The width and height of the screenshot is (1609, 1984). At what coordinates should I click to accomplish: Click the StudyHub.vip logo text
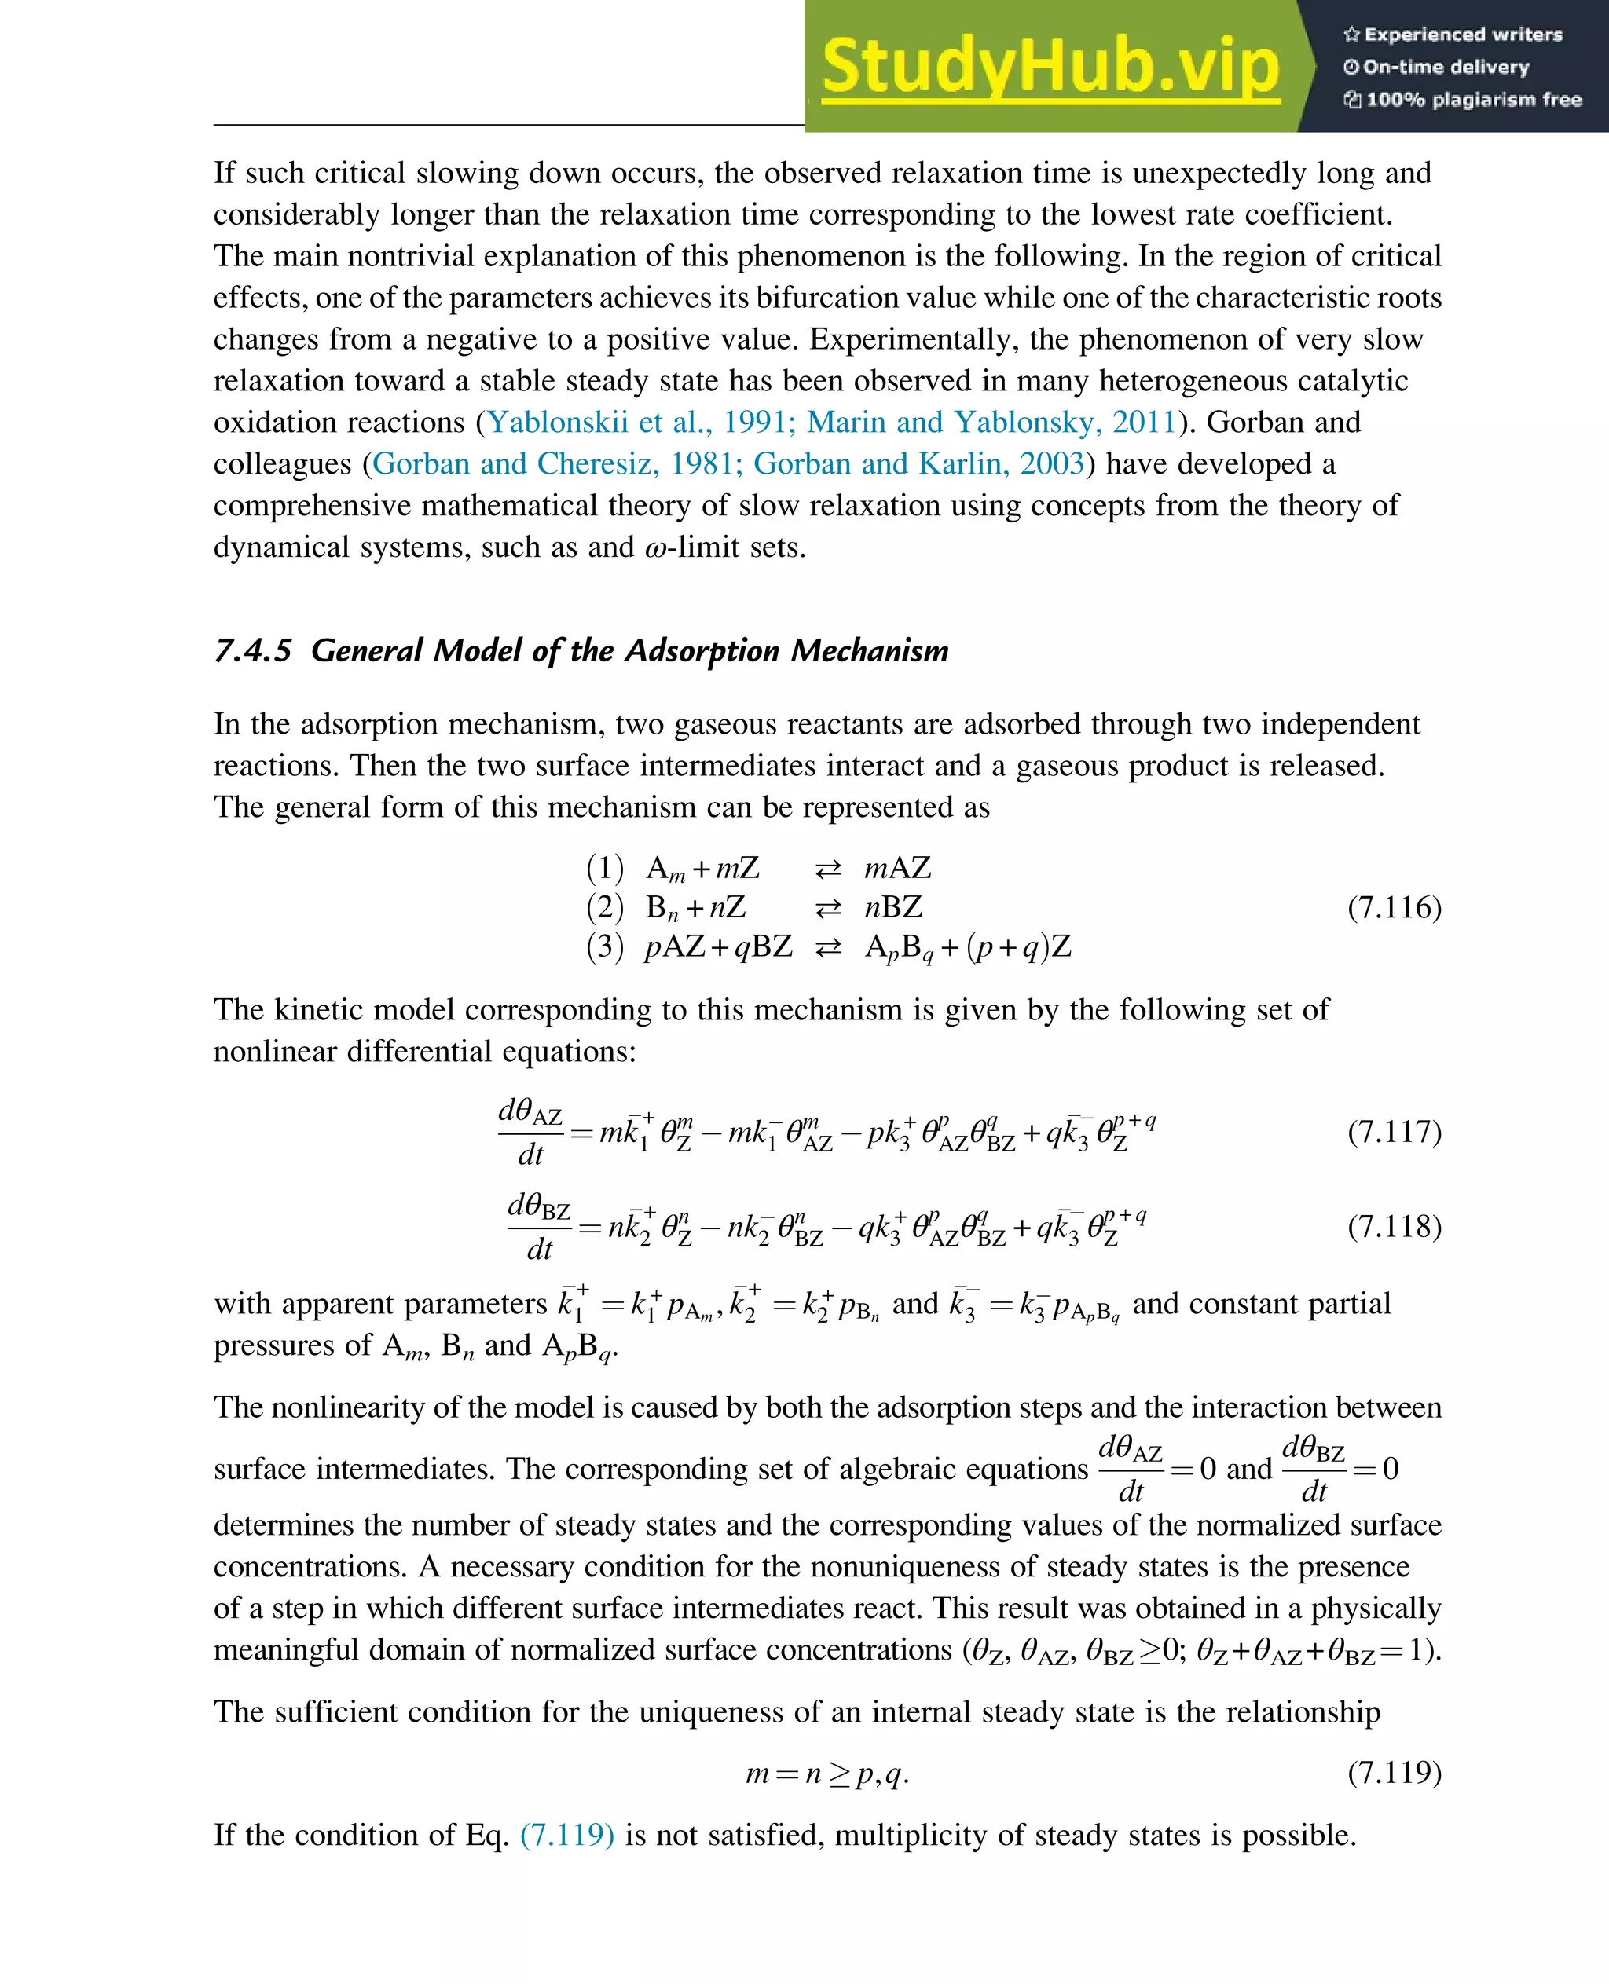[1050, 67]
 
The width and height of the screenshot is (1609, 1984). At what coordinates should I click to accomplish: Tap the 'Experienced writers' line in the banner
[1453, 35]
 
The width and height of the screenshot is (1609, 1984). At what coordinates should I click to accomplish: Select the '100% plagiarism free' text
[1464, 99]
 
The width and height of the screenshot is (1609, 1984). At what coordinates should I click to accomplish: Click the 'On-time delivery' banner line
[1437, 67]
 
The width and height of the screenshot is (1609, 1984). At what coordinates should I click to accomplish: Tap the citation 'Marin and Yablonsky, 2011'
[991, 423]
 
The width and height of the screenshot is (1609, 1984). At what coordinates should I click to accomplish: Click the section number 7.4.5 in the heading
[252, 650]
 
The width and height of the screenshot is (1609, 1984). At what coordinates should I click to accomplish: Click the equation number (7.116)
[1394, 907]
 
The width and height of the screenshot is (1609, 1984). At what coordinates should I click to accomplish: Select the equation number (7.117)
[1394, 1132]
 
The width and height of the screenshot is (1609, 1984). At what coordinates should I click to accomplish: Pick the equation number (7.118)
[1394, 1227]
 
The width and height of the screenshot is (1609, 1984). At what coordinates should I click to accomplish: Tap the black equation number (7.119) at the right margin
[1394, 1773]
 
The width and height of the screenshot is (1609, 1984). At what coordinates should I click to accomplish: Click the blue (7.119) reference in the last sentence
[566, 1835]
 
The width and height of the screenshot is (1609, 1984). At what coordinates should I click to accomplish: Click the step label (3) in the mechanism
[605, 947]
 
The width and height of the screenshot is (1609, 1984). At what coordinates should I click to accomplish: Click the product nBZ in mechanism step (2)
[893, 907]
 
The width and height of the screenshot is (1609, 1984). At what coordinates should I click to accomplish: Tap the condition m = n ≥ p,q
[826, 1774]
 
